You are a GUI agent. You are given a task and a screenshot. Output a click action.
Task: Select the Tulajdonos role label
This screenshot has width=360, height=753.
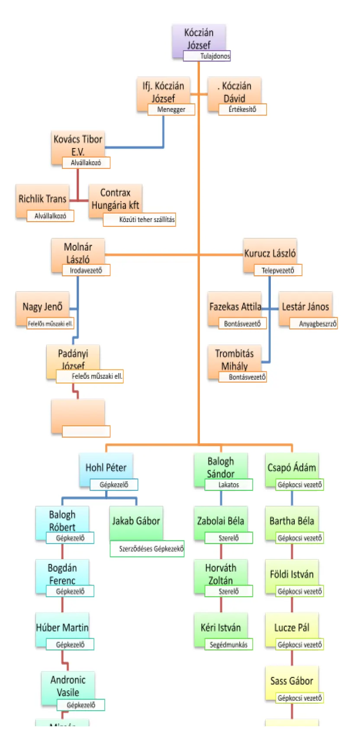tap(207, 56)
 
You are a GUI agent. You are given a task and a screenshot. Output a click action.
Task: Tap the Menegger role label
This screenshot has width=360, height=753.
tap(171, 109)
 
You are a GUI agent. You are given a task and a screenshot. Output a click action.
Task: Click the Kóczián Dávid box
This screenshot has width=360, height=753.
tap(234, 91)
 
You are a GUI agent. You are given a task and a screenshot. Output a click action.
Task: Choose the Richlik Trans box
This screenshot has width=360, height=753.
tap(42, 199)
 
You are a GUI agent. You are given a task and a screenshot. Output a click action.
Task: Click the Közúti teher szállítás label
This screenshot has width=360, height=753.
tap(139, 219)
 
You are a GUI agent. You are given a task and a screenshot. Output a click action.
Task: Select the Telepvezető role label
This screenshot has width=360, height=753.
tap(277, 270)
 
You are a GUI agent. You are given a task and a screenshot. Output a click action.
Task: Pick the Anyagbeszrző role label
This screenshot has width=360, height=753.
tap(313, 323)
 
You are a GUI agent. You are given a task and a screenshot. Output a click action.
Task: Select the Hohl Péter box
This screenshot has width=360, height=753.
tap(106, 467)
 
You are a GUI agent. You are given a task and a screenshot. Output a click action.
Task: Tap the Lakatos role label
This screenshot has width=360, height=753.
tap(228, 485)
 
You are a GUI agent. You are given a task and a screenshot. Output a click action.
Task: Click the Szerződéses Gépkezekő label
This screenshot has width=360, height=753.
tap(147, 548)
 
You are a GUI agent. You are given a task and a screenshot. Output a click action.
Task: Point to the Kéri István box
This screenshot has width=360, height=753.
tap(221, 627)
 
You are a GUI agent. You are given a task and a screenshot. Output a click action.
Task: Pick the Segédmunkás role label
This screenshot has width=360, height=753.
tap(228, 644)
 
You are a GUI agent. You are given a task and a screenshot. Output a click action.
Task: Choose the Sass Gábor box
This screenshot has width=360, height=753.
tap(292, 680)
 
